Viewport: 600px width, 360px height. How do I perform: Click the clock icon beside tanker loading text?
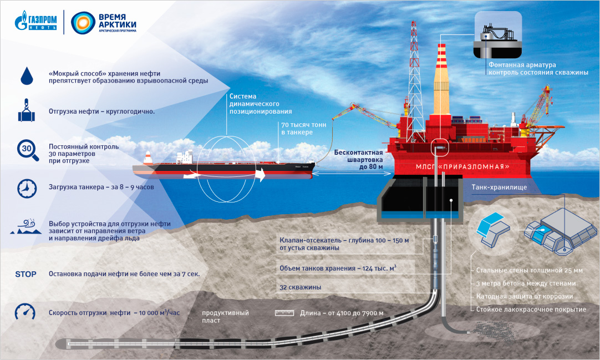pyautogui.click(x=26, y=187)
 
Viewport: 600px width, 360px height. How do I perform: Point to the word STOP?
pyautogui.click(x=26, y=274)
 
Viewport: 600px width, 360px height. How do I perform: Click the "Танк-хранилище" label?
pyautogui.click(x=498, y=187)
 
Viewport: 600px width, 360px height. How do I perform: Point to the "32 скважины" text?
pyautogui.click(x=301, y=287)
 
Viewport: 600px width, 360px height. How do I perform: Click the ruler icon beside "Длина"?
pyautogui.click(x=284, y=313)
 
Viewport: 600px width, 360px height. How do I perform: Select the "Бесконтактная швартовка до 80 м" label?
pyautogui.click(x=359, y=160)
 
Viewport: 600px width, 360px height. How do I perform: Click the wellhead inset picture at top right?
pyautogui.click(x=497, y=35)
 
